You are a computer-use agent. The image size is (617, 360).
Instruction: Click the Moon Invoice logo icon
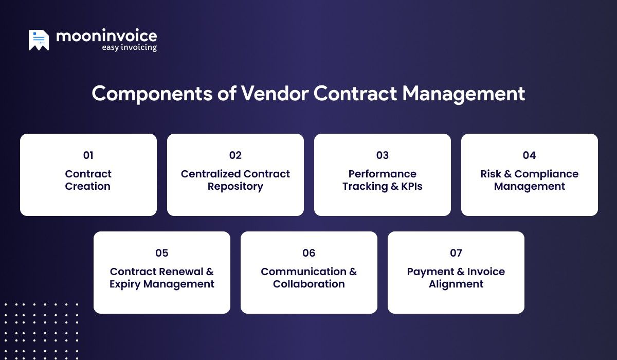pos(39,40)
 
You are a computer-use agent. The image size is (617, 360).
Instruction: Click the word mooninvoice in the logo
pos(106,36)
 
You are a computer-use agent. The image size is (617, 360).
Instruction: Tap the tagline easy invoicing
pos(129,48)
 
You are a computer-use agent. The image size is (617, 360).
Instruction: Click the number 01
pos(88,155)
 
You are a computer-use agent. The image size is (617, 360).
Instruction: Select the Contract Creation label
pos(88,180)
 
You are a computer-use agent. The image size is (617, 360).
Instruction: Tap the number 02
pos(235,155)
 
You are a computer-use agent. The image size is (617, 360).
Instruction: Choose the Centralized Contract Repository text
pos(235,180)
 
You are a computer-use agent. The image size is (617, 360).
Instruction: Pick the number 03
pos(383,155)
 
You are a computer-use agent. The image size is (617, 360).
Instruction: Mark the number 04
pos(530,155)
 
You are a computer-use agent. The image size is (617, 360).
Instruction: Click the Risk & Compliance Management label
pos(530,180)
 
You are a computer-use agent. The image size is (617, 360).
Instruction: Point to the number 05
pos(162,253)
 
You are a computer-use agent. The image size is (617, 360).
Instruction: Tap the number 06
pos(309,253)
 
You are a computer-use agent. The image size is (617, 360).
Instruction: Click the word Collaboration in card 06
pos(309,284)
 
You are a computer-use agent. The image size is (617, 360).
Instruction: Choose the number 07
pos(456,253)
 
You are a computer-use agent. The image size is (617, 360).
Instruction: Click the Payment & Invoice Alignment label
pos(456,278)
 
